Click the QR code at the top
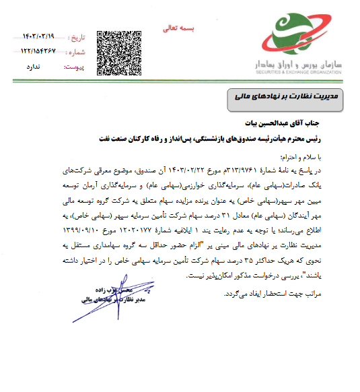[120, 52]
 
